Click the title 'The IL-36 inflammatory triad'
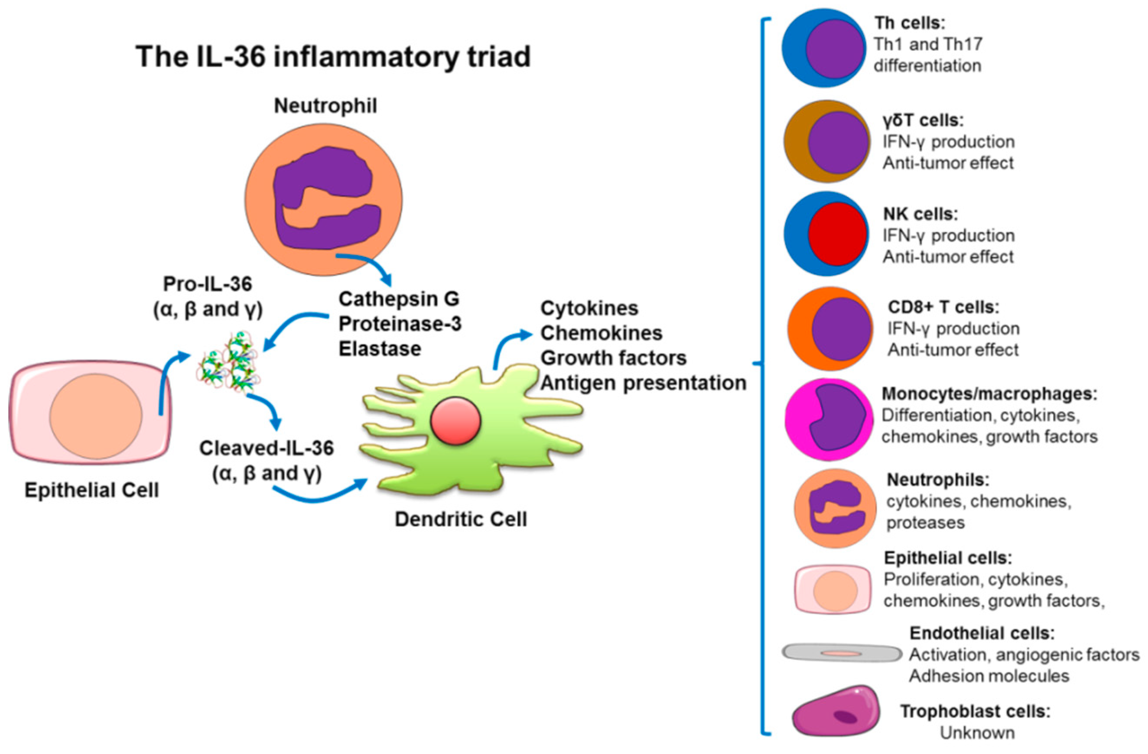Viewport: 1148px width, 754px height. point(333,56)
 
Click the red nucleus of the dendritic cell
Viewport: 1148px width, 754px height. point(455,421)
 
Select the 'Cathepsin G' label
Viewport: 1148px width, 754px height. point(398,299)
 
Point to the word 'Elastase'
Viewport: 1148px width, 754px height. point(380,349)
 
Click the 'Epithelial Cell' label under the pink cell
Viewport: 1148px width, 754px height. point(91,491)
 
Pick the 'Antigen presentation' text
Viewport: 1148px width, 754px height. point(643,383)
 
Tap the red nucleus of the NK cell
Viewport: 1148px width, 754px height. point(838,234)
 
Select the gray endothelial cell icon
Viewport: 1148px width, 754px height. point(841,653)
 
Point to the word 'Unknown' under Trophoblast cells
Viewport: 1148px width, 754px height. point(977,733)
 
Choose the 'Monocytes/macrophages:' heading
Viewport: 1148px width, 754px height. point(989,393)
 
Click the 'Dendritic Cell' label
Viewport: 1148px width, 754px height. point(461,520)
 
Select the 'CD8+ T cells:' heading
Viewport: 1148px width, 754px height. point(943,307)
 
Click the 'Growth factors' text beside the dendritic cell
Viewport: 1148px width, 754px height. point(613,358)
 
